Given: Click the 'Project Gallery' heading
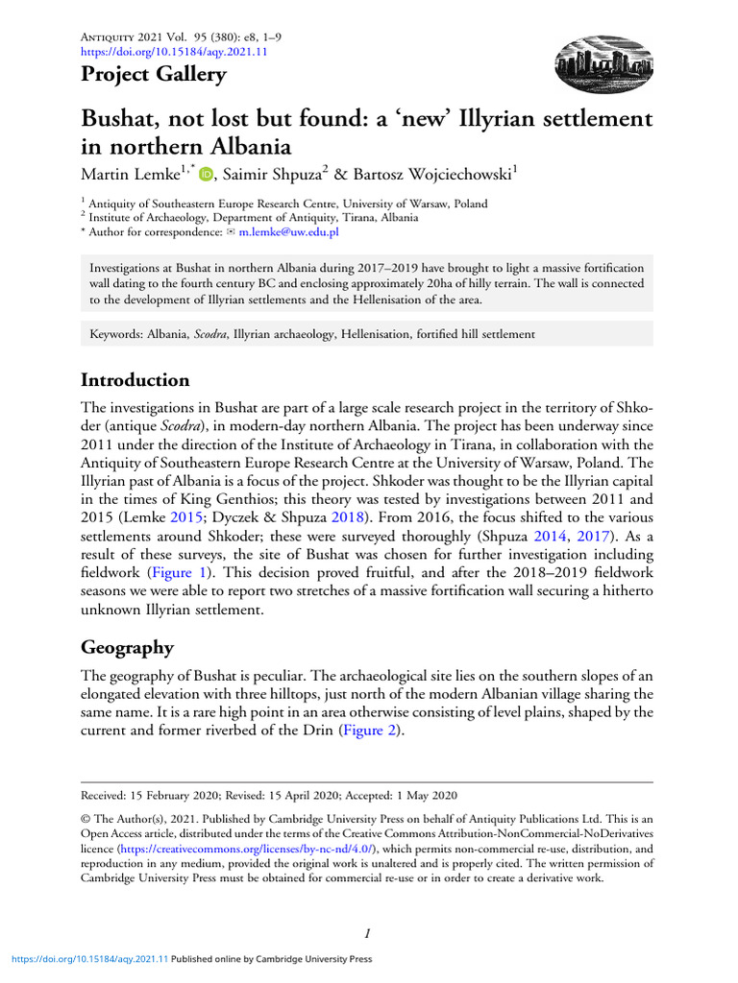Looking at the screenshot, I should pos(154,75).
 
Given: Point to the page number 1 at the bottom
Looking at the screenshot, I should pos(368,932).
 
